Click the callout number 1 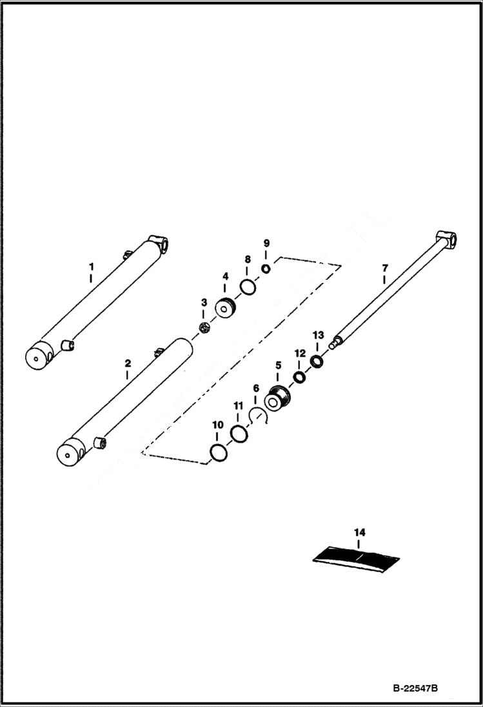pyautogui.click(x=91, y=266)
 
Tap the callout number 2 pyautogui.click(x=127, y=364)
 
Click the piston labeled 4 pyautogui.click(x=226, y=309)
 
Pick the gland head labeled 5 pyautogui.click(x=279, y=399)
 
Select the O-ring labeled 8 pyautogui.click(x=247, y=286)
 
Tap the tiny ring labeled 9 pyautogui.click(x=266, y=269)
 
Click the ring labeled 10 pyautogui.click(x=218, y=453)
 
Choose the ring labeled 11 pyautogui.click(x=239, y=435)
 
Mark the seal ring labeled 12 pyautogui.click(x=300, y=377)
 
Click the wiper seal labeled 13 pyautogui.click(x=317, y=361)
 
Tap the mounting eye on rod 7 pyautogui.click(x=448, y=239)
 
